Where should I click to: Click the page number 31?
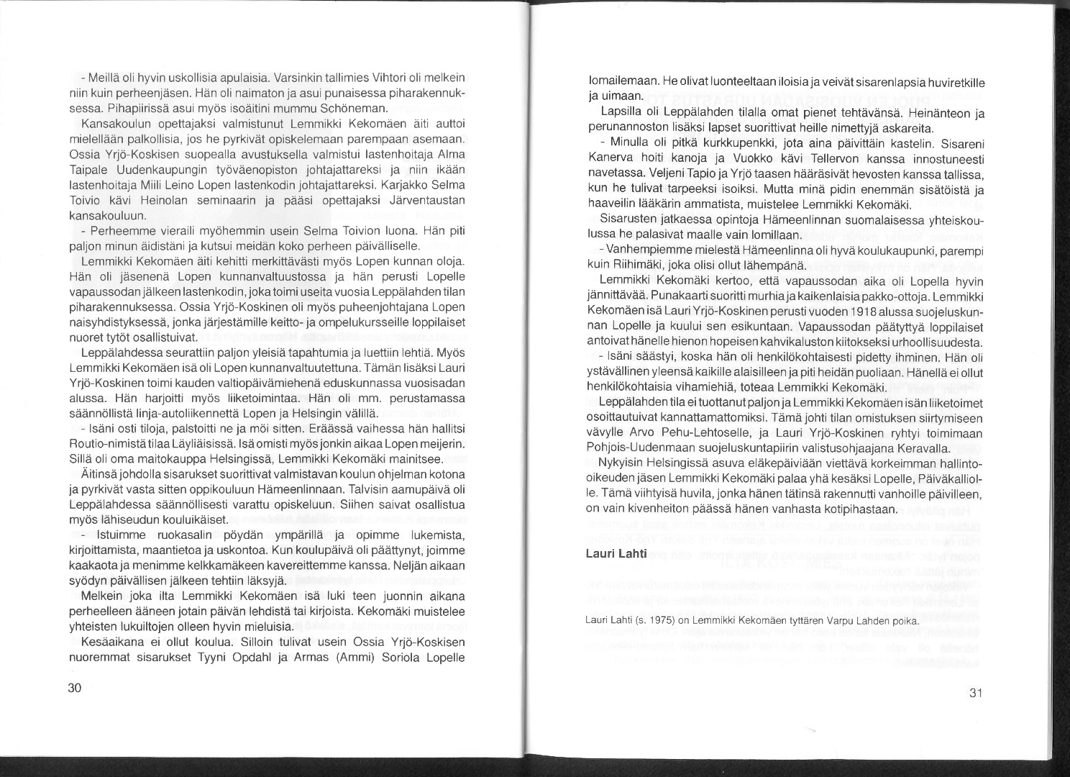click(x=975, y=694)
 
